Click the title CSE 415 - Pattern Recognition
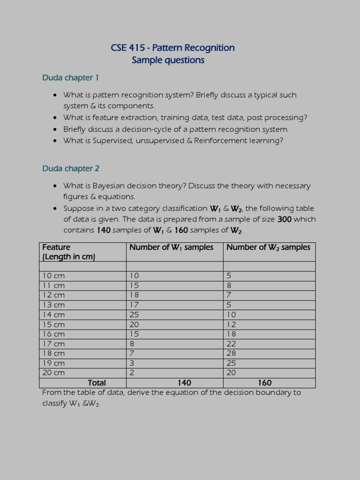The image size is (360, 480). pyautogui.click(x=172, y=48)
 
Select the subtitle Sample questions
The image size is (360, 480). pyautogui.click(x=168, y=60)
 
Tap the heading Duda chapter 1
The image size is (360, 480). pyautogui.click(x=70, y=78)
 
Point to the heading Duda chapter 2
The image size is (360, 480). pyautogui.click(x=71, y=169)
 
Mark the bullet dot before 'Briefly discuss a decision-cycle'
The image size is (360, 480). pyautogui.click(x=55, y=129)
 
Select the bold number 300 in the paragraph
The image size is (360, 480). pyautogui.click(x=285, y=219)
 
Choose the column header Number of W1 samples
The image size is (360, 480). pyautogui.click(x=171, y=247)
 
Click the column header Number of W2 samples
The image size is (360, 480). pyautogui.click(x=268, y=247)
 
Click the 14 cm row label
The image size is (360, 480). pyautogui.click(x=53, y=315)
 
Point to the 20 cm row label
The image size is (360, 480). pyautogui.click(x=53, y=373)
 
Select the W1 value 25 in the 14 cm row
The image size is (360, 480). pyautogui.click(x=134, y=315)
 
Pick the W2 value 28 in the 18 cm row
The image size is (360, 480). pyautogui.click(x=231, y=353)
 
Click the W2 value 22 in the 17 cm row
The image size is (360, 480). pyautogui.click(x=231, y=344)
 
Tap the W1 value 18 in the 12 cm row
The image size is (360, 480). pyautogui.click(x=134, y=295)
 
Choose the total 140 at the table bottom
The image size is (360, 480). pyautogui.click(x=184, y=383)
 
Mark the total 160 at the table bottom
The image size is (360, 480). pyautogui.click(x=264, y=383)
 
